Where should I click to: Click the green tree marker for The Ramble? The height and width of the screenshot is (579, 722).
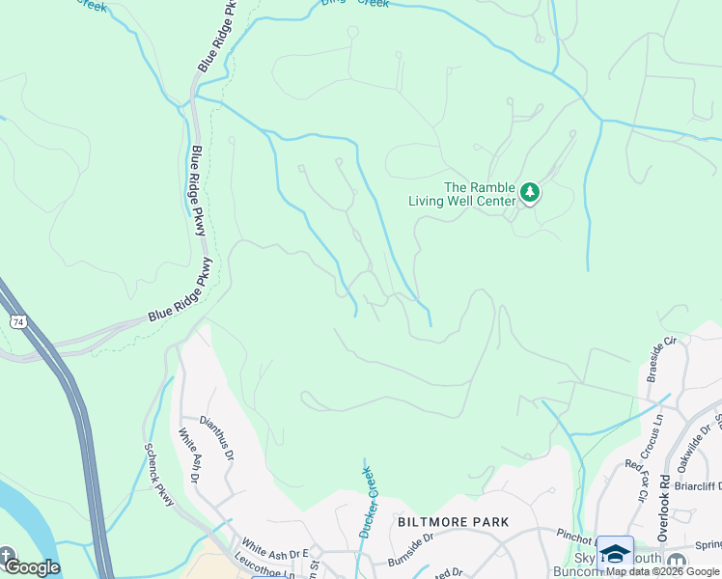tap(529, 193)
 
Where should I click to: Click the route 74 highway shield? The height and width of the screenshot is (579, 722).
tap(18, 319)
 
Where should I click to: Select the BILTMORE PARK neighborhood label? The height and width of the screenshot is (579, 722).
tap(453, 522)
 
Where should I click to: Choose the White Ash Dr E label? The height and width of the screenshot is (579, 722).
tap(274, 548)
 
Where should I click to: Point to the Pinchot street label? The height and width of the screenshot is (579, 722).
tap(576, 533)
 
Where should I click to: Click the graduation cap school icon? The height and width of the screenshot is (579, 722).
tap(615, 553)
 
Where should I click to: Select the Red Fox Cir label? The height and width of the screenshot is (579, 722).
tap(637, 480)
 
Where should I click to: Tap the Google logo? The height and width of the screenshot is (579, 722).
tap(31, 567)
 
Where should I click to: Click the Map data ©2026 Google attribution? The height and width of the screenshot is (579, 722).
tap(662, 571)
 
